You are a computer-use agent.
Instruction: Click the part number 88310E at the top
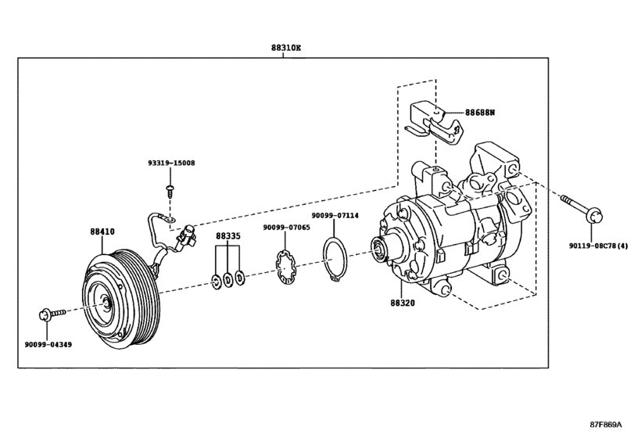[x=285, y=47]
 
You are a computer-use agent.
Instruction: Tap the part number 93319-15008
[x=171, y=163]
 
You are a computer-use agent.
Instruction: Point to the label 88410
[x=102, y=232]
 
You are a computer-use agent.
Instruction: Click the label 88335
[x=228, y=235]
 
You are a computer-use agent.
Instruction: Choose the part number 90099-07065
[x=286, y=228]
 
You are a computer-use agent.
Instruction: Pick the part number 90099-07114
[x=335, y=215]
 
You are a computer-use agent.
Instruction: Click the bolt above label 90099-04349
[x=45, y=315]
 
